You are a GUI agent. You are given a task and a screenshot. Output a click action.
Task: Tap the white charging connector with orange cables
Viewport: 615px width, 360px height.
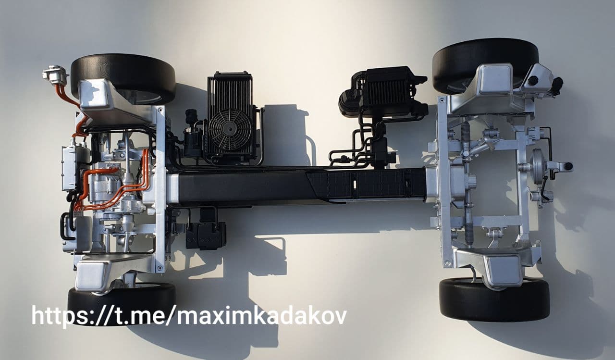coord(55,74)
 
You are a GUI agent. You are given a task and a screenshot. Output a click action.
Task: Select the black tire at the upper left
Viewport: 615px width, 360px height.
coord(123,78)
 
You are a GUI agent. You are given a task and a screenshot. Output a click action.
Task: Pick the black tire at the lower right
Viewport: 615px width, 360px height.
coord(494,300)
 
